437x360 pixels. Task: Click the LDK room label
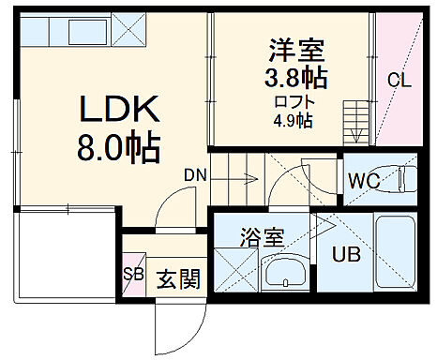(110, 114)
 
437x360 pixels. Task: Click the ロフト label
(292, 102)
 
